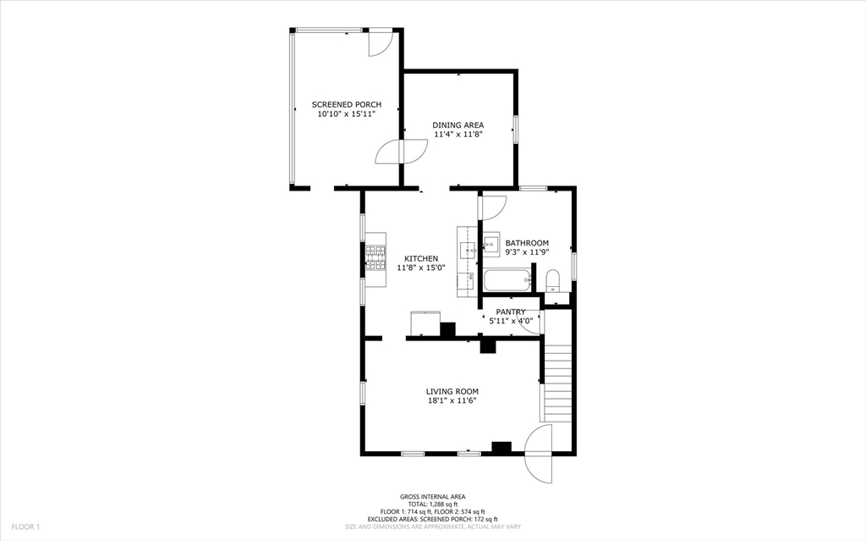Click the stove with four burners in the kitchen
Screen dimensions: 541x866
tap(375, 257)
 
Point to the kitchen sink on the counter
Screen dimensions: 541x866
tap(467, 249)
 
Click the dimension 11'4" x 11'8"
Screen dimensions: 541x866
tap(458, 134)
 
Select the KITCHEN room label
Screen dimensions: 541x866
tap(421, 259)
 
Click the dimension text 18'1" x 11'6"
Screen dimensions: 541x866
tap(452, 400)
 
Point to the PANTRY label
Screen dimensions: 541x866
tap(511, 312)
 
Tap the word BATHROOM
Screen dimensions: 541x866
tap(527, 243)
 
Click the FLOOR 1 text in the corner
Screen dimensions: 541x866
tap(25, 527)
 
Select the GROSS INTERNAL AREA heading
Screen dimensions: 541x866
tap(432, 497)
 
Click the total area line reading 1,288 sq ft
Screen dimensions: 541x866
tap(432, 505)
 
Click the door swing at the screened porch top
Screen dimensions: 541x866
tap(379, 42)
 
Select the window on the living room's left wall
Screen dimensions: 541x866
tap(363, 393)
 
